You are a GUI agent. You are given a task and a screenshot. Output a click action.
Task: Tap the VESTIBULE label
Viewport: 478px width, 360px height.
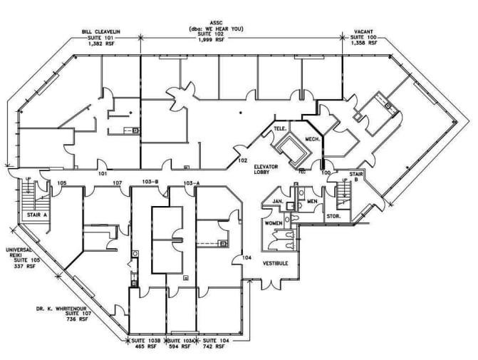(274, 262)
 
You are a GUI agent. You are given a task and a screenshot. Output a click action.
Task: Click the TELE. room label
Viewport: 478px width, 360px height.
(279, 129)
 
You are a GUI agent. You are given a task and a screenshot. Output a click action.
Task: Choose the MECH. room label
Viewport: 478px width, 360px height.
(311, 140)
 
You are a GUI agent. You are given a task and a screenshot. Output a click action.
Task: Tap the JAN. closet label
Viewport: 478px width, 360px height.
(279, 202)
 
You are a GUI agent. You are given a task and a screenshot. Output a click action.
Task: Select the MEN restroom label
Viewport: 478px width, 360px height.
(311, 202)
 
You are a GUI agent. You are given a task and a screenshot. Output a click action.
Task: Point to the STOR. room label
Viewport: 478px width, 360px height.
(334, 215)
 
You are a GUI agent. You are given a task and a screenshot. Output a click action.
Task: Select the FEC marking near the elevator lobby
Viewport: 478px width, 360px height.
(302, 172)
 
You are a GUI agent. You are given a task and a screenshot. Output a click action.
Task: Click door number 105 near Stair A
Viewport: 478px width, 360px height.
(62, 183)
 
